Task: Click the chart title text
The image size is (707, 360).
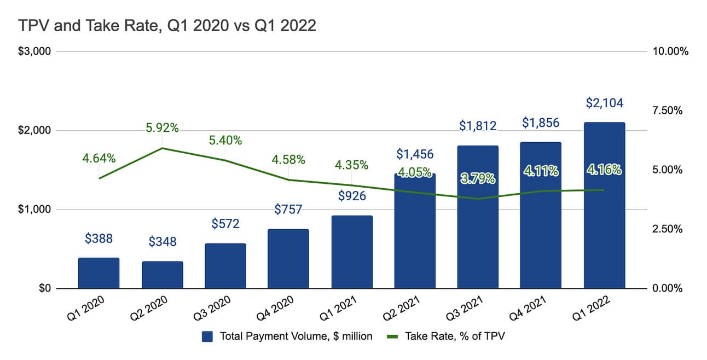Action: (167, 26)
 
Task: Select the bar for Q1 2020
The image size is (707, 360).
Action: (98, 273)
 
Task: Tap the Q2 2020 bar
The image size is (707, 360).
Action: (162, 275)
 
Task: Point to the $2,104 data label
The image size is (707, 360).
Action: (604, 103)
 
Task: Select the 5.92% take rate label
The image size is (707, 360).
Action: (162, 128)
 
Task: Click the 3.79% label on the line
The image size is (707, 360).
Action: (478, 178)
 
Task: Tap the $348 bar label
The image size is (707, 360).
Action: (162, 242)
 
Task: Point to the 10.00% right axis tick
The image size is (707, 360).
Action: (669, 51)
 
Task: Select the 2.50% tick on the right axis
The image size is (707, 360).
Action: (667, 229)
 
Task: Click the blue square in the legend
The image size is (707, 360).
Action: (207, 336)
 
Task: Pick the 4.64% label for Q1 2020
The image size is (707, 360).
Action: (98, 159)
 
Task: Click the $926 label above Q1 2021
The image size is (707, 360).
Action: (352, 195)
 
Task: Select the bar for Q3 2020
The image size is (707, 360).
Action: (225, 266)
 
